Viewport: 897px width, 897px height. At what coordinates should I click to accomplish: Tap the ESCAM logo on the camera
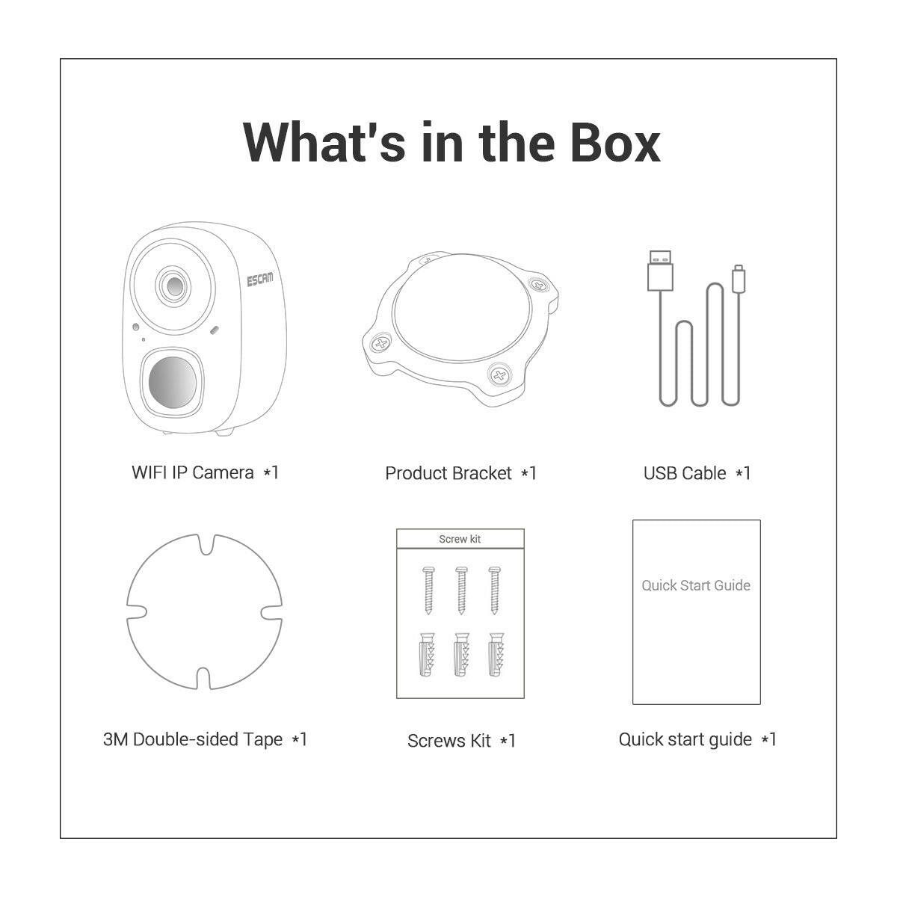(x=259, y=280)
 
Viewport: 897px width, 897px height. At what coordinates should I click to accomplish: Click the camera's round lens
(x=175, y=286)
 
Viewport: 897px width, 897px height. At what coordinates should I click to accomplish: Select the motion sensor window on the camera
(x=173, y=382)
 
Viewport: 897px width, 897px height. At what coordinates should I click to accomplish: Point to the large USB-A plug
(x=660, y=271)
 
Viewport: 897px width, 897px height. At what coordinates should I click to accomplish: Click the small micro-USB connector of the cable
(x=739, y=279)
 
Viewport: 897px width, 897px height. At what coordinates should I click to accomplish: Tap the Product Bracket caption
(x=460, y=473)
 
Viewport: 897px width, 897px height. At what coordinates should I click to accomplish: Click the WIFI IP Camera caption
(x=205, y=472)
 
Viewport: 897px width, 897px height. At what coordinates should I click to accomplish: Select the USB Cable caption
(x=697, y=473)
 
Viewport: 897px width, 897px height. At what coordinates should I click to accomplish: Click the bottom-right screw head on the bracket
(x=499, y=374)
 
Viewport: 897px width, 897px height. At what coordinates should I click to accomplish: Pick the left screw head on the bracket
(x=381, y=345)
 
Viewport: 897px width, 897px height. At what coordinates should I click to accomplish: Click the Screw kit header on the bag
(x=460, y=539)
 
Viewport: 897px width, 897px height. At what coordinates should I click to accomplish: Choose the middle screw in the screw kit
(x=461, y=591)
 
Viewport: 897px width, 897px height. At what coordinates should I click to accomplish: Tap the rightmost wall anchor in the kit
(x=496, y=654)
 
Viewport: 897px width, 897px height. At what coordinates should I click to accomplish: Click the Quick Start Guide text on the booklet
(x=696, y=585)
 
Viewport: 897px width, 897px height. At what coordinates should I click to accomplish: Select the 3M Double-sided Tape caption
(x=205, y=739)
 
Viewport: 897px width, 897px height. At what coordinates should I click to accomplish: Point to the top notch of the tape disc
(x=206, y=544)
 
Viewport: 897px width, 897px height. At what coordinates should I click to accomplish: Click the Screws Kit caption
(x=461, y=741)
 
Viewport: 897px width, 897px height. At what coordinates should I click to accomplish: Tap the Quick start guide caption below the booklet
(x=697, y=739)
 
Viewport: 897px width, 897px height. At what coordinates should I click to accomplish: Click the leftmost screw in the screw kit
(x=428, y=591)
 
